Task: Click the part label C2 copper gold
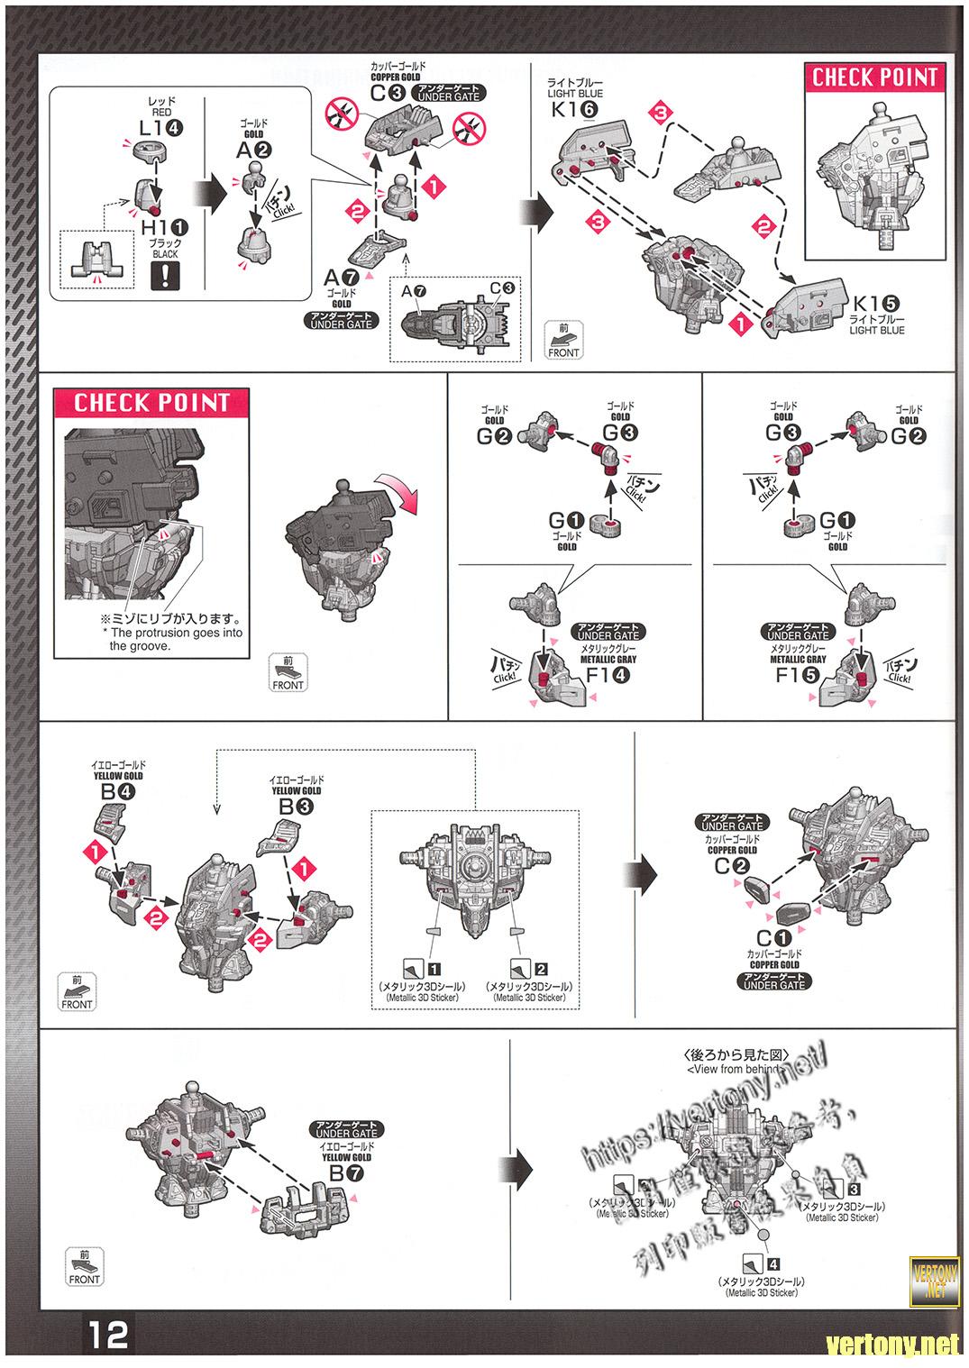click(x=732, y=866)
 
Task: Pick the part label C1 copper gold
click(x=773, y=938)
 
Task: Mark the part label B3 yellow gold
click(x=295, y=807)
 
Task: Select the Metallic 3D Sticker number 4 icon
click(x=761, y=1263)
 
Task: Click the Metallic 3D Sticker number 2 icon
click(x=528, y=970)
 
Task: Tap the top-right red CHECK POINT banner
click(x=874, y=78)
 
